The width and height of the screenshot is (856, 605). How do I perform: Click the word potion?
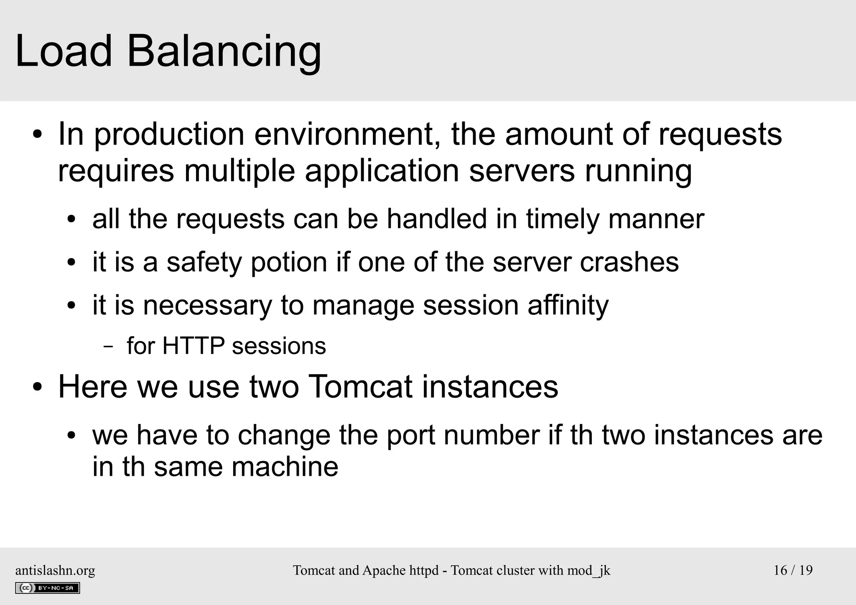point(289,263)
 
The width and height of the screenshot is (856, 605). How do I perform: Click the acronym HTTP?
point(193,346)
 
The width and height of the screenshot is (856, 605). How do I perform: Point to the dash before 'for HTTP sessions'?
point(108,347)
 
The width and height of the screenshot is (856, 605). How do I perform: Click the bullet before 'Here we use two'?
point(38,387)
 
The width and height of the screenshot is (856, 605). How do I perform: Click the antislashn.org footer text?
point(55,570)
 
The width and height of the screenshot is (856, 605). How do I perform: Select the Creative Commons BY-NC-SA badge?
point(48,588)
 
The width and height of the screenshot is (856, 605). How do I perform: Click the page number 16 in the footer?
point(780,570)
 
